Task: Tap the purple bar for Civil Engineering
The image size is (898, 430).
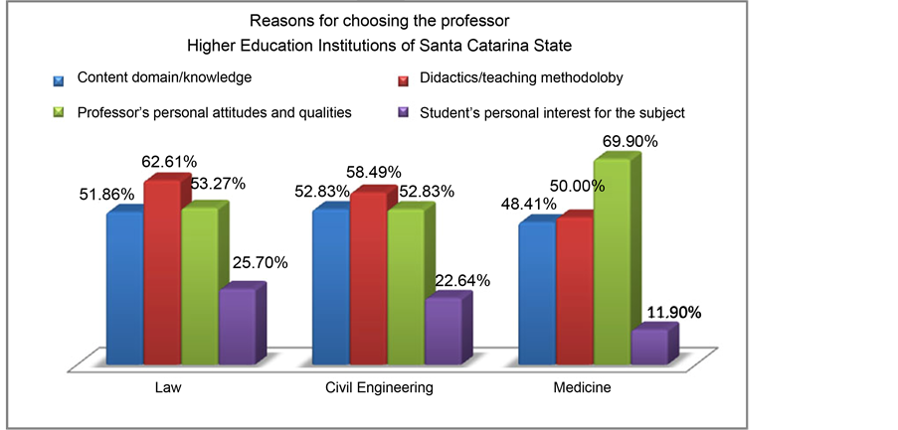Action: pyautogui.click(x=443, y=328)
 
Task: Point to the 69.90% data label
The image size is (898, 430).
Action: pyautogui.click(x=631, y=142)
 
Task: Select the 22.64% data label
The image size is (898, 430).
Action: pyautogui.click(x=462, y=280)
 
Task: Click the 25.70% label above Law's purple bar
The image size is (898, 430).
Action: pyautogui.click(x=260, y=263)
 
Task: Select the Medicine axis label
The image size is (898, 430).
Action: pyautogui.click(x=582, y=387)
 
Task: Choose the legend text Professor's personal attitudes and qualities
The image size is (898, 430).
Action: pyautogui.click(x=214, y=113)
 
